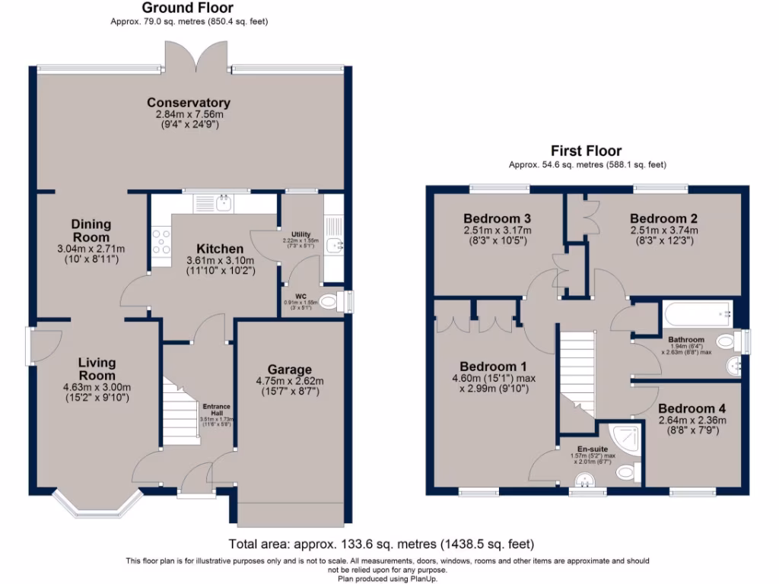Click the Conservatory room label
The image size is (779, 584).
189,103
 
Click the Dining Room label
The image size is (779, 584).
91,230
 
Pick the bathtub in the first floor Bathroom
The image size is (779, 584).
697,313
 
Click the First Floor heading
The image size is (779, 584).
587,151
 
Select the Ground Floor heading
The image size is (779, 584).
188,8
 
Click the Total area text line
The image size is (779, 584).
381,544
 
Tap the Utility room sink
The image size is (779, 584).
333,244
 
